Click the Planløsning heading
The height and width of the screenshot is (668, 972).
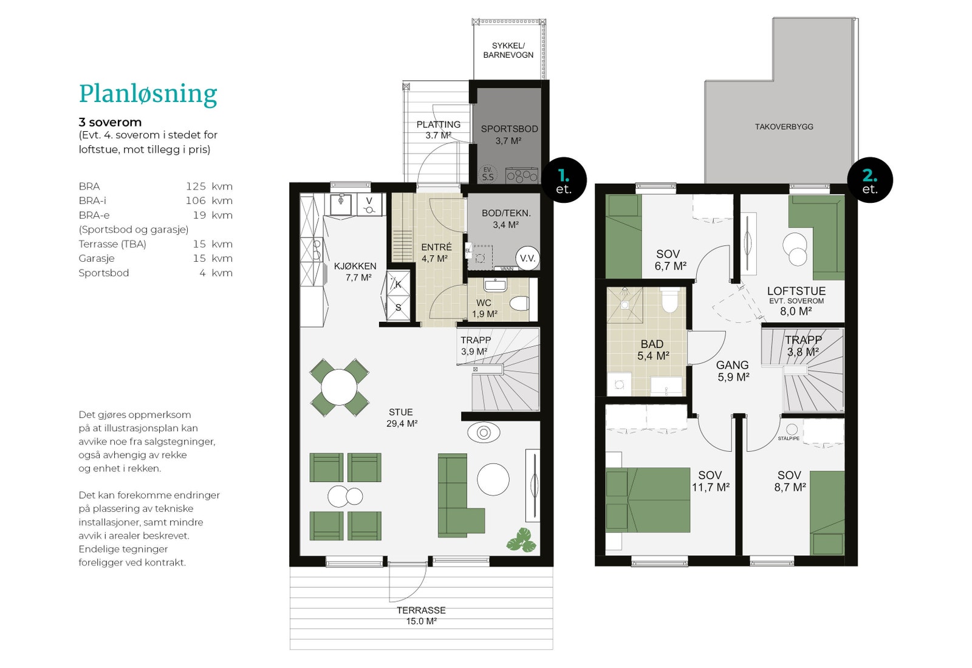(x=148, y=94)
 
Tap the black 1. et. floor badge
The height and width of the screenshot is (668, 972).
(x=564, y=180)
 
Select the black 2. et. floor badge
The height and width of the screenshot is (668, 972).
(x=870, y=180)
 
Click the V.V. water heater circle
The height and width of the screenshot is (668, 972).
(x=528, y=259)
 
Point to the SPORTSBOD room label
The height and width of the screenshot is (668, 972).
(x=510, y=129)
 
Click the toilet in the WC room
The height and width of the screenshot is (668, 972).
(x=519, y=303)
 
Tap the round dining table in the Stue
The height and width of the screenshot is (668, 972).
(x=339, y=387)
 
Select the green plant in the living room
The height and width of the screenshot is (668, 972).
(x=522, y=540)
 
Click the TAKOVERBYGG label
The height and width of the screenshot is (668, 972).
(x=784, y=127)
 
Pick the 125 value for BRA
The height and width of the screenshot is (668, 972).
(x=196, y=186)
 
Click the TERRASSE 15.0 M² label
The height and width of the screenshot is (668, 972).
(x=421, y=616)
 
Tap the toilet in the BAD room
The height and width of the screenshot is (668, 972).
(x=669, y=300)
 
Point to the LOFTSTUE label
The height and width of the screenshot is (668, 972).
(x=796, y=291)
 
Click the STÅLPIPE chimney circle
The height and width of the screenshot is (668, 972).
(x=792, y=429)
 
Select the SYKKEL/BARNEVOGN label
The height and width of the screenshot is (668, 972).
(x=508, y=50)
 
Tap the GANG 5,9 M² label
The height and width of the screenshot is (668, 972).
(x=733, y=371)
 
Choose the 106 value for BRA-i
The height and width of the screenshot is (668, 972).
(x=196, y=201)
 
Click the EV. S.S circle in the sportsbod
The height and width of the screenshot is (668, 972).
(x=488, y=174)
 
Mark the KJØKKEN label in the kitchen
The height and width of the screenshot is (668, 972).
(x=355, y=267)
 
